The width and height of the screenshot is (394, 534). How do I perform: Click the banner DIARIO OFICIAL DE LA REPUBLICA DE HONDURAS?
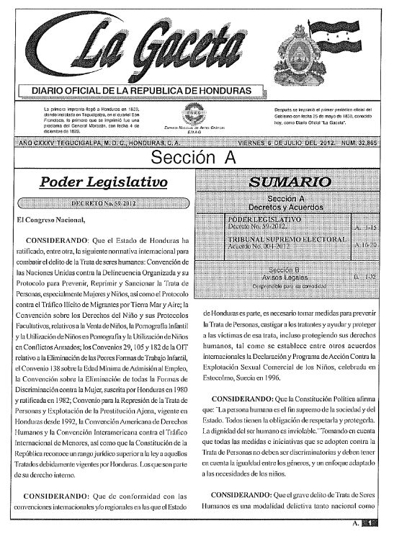tap(141, 90)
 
